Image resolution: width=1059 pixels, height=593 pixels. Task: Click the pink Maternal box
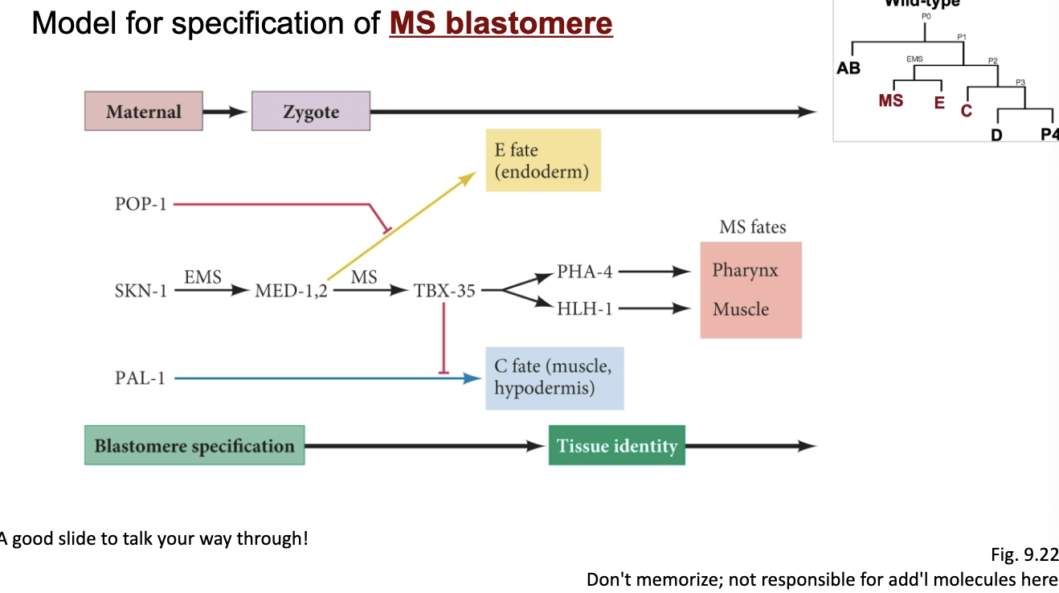coord(144,111)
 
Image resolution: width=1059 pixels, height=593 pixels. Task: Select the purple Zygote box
coord(311,111)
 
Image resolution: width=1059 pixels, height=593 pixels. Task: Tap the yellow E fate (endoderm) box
coord(543,161)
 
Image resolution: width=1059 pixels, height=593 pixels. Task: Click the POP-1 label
coord(141,204)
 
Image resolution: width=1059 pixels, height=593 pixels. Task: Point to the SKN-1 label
coord(141,290)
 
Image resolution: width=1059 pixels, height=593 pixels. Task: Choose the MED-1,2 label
coord(291,290)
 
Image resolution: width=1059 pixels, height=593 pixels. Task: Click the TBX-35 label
coord(444,290)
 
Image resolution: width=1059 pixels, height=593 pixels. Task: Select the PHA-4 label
coord(584,272)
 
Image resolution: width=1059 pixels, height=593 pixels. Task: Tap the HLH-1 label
coord(584,309)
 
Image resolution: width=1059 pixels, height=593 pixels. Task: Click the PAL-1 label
coord(140,378)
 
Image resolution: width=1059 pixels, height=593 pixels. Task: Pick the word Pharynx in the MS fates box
coord(745,270)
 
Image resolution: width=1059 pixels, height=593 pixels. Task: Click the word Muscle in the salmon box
coord(741,309)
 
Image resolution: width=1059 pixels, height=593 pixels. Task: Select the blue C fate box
coord(554,378)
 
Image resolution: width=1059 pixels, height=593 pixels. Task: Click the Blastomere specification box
coord(194,445)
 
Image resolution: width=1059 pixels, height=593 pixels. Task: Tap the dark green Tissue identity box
coord(617,445)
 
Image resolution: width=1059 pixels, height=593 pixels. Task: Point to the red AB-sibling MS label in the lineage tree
coord(891,100)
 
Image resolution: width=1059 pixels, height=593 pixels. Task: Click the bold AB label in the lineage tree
coord(848,68)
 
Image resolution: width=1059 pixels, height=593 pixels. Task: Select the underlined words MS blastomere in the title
coord(501,22)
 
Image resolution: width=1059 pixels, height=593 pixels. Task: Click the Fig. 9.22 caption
coord(1024,554)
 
